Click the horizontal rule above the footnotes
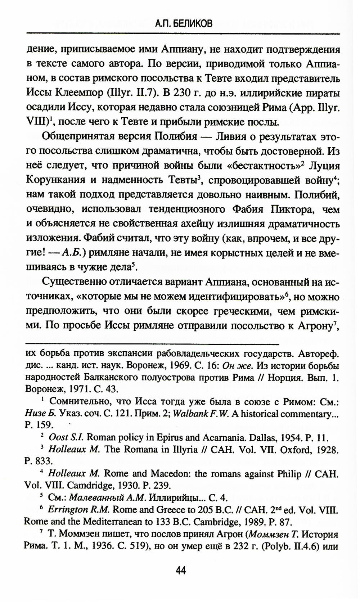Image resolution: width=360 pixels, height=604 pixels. point(153,338)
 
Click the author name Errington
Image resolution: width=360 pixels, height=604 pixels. point(68,510)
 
